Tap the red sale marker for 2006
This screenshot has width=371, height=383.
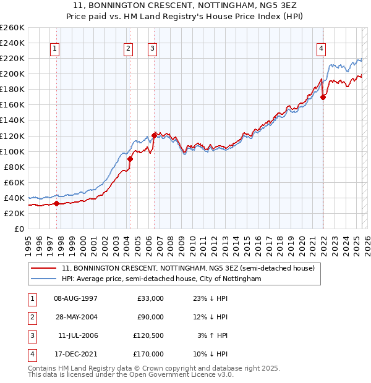(154, 135)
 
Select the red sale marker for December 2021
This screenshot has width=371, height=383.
(323, 97)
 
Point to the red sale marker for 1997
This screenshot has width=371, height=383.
(56, 203)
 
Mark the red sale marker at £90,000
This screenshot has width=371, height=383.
(130, 159)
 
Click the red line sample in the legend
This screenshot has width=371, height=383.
(43, 268)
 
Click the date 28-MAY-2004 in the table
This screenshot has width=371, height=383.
(76, 317)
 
